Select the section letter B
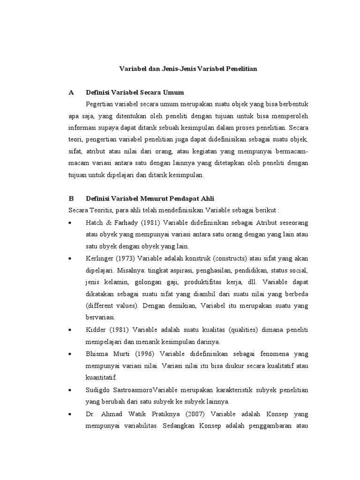pyautogui.click(x=71, y=198)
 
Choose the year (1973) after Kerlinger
pyautogui.click(x=126, y=259)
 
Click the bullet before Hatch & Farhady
pyautogui.click(x=70, y=223)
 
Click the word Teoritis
pyautogui.click(x=100, y=210)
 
